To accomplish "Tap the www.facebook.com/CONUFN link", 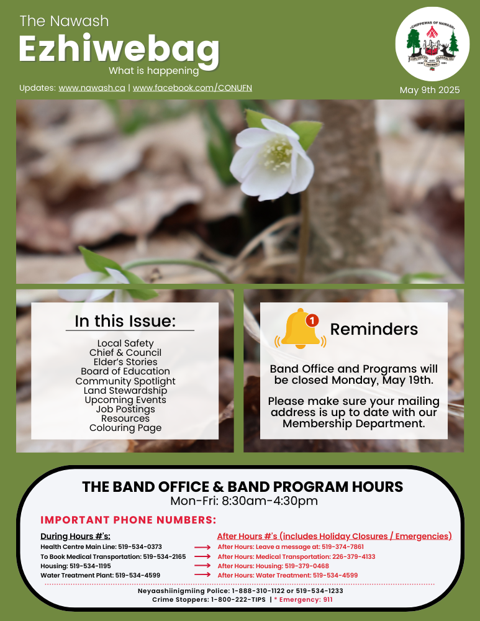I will (192, 88).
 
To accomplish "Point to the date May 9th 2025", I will (430, 90).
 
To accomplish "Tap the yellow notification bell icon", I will (301, 329).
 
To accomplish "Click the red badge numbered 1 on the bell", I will (312, 320).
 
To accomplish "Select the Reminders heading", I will (374, 329).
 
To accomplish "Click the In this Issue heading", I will (125, 321).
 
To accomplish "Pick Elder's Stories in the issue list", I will (125, 362).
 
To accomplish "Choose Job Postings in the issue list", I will (125, 409).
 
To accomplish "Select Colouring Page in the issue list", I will (125, 428).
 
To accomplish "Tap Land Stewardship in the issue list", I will (125, 391).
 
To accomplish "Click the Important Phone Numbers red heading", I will (128, 520).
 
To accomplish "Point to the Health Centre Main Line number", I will (141, 547).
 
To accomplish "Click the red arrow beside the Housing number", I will (202, 566).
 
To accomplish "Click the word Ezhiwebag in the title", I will (119, 48).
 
